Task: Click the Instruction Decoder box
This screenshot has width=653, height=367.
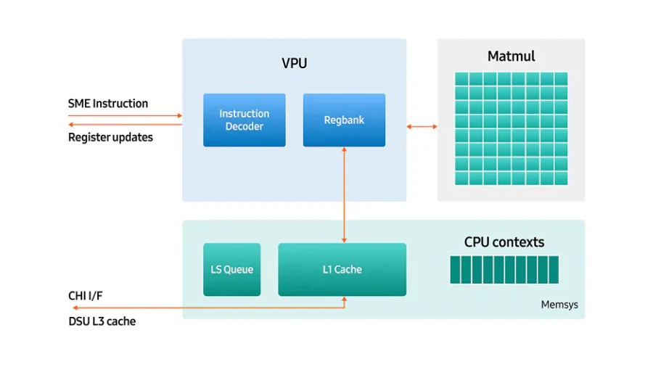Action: click(244, 120)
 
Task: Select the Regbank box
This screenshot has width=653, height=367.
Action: click(344, 120)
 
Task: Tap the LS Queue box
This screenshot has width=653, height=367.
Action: click(231, 269)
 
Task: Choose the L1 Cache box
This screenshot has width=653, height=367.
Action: click(342, 269)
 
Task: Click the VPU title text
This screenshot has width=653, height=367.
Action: click(294, 63)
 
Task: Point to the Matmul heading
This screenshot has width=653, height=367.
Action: click(511, 56)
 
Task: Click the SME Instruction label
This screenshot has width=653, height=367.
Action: click(108, 103)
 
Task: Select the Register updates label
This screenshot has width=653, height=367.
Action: click(110, 137)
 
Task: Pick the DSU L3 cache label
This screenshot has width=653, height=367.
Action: click(102, 321)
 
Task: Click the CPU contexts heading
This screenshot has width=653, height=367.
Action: click(504, 242)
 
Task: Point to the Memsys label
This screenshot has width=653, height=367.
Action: click(559, 305)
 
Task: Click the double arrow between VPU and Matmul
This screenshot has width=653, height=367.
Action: click(422, 127)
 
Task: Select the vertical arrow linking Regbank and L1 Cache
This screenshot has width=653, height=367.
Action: click(344, 194)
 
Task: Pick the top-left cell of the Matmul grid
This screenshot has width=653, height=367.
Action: click(461, 78)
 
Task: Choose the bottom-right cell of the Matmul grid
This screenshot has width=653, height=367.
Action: click(561, 178)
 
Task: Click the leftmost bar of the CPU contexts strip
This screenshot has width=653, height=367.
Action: click(455, 269)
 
